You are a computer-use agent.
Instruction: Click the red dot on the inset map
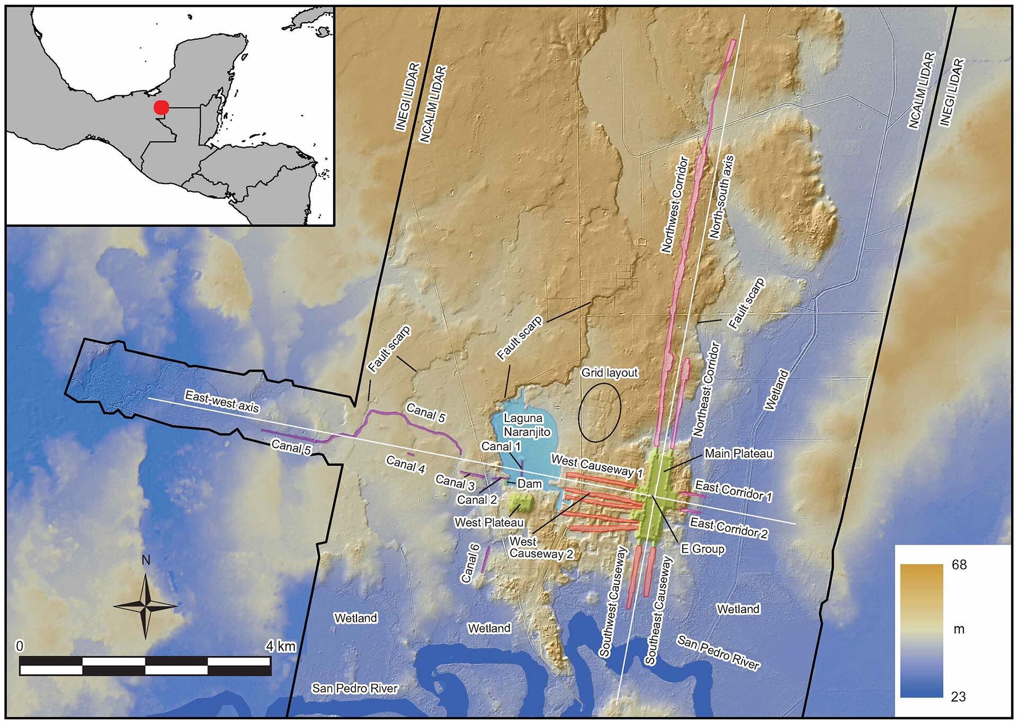click(x=161, y=108)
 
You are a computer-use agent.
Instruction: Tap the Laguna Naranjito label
click(x=527, y=425)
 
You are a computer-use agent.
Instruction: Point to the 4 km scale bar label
click(x=281, y=646)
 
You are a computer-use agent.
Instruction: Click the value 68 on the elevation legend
click(x=959, y=565)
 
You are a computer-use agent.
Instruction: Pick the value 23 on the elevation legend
click(x=958, y=697)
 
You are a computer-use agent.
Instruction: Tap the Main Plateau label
click(x=738, y=454)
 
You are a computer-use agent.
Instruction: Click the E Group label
click(x=702, y=549)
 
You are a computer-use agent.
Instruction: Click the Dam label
click(x=529, y=484)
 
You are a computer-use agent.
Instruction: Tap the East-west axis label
click(x=222, y=401)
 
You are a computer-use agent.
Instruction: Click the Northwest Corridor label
click(x=675, y=204)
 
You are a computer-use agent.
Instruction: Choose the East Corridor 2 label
click(x=728, y=529)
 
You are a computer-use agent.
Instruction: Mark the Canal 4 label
click(x=405, y=465)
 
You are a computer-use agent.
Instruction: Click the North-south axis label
click(x=721, y=197)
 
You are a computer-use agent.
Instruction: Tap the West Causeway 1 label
click(x=597, y=466)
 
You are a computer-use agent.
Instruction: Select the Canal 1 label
click(x=501, y=447)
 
